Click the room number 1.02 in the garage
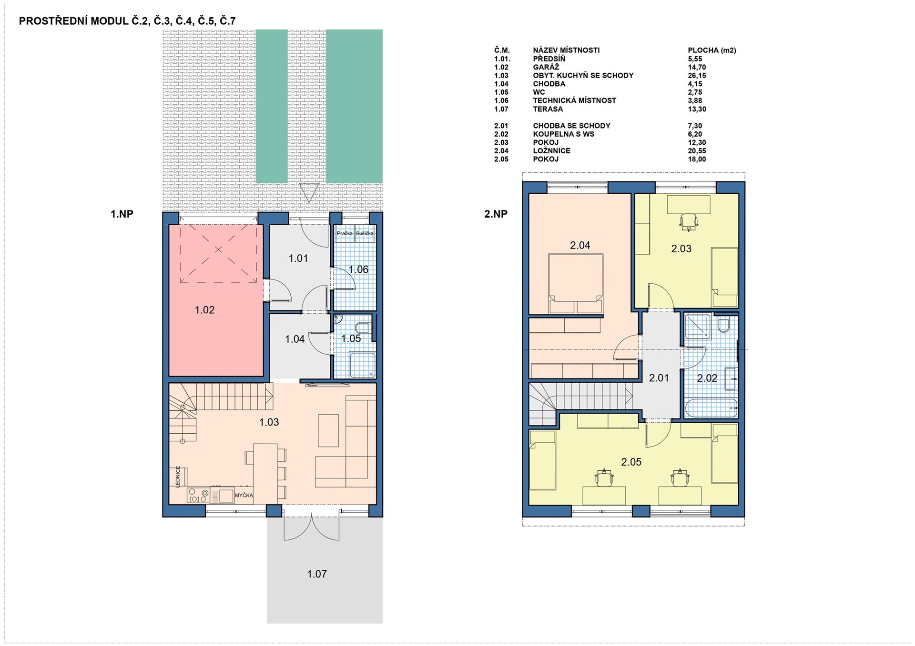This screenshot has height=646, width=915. [204, 310]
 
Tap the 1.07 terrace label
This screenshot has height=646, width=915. [317, 574]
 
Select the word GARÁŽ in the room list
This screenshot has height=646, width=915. [546, 67]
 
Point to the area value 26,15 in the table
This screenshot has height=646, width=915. [697, 76]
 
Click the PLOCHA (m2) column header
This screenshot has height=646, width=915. [712, 50]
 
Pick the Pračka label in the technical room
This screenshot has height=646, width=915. [345, 233]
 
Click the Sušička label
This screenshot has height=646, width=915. [365, 233]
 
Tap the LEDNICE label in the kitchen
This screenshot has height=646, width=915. [178, 477]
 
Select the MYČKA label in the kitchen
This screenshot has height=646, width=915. [244, 496]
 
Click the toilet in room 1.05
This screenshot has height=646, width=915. [363, 328]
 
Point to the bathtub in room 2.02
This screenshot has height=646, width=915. [712, 408]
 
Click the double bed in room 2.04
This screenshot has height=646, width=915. [576, 284]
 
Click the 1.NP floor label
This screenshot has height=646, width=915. [122, 214]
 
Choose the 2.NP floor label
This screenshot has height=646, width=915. [496, 214]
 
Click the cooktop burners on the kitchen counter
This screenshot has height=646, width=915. [198, 495]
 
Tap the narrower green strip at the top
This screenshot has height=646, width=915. [272, 106]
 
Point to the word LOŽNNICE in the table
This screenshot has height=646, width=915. [551, 151]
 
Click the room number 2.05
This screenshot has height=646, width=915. [631, 462]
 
